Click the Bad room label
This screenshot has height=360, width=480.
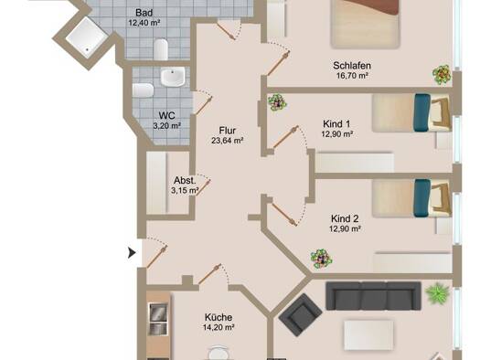144,13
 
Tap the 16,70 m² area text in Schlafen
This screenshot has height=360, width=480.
352,76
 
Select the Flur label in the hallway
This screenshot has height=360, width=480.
228,131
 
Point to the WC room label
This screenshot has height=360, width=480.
166,116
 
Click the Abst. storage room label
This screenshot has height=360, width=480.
185,180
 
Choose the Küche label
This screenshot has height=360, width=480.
219,317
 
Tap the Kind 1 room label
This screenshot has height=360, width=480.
336,124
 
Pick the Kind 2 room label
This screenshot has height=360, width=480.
345,218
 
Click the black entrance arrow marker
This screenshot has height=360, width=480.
132,253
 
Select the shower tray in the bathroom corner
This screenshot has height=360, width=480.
87,37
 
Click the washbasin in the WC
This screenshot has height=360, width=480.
173,77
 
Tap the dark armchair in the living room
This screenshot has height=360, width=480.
300,314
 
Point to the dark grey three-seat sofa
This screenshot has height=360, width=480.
373,296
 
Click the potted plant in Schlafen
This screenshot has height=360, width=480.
442,74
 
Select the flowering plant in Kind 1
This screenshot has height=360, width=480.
277,101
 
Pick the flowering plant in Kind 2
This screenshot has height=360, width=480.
321,259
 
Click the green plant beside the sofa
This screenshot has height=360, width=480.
438,293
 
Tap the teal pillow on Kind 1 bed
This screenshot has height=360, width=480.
421,112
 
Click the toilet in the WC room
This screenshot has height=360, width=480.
143,90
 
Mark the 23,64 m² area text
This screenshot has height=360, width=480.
228,141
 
